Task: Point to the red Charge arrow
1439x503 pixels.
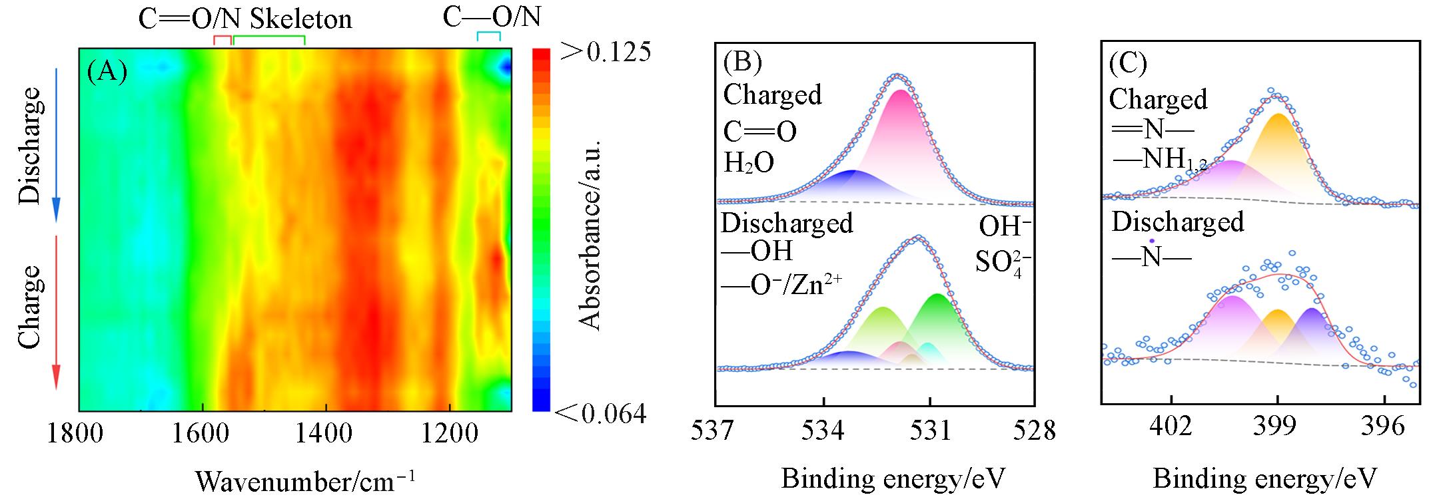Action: point(56,313)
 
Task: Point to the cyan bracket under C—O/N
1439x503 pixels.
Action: point(488,35)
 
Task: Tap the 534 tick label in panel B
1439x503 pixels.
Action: point(824,430)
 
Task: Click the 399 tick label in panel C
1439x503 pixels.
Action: point(1277,426)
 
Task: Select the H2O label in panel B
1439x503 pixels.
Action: point(749,162)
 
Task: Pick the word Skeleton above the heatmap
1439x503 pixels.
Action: point(299,19)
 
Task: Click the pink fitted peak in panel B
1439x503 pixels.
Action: point(901,133)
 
